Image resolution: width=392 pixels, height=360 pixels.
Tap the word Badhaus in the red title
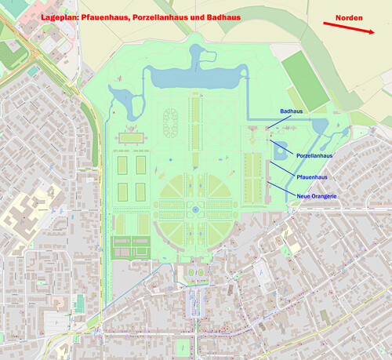[222, 16]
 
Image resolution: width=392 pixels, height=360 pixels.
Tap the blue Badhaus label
[292, 112]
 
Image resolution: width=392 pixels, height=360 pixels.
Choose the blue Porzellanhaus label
[314, 156]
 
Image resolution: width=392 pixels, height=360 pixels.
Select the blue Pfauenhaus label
[310, 178]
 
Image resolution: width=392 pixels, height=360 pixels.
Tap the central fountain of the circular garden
[194, 210]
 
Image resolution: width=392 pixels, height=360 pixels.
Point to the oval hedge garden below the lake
[169, 121]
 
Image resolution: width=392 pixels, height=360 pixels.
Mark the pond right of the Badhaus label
[319, 127]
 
